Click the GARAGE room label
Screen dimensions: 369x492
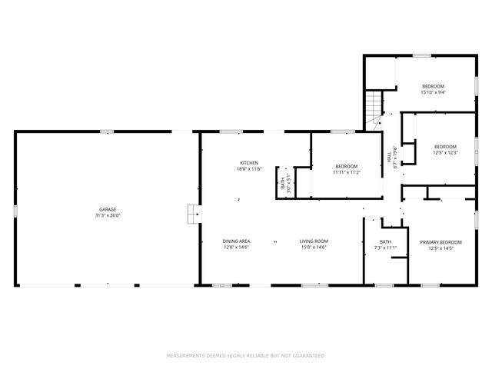point(107,209)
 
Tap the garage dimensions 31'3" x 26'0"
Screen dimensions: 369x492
point(107,215)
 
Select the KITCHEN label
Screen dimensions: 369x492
point(248,163)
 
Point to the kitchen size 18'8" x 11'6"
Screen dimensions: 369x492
point(248,169)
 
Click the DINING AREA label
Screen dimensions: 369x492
point(237,241)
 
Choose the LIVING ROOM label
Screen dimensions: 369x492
point(314,241)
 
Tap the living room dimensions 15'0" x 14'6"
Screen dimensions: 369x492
point(314,248)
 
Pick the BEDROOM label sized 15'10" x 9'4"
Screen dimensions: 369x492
point(433,86)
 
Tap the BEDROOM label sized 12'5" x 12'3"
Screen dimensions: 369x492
point(445,147)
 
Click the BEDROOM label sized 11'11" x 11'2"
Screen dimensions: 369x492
point(346,167)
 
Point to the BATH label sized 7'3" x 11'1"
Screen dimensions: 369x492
point(384,242)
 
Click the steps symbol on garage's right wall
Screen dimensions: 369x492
point(190,214)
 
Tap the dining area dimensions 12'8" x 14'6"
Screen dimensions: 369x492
point(237,248)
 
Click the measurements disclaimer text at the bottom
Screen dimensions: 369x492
point(246,356)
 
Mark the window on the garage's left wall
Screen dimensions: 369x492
point(15,209)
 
